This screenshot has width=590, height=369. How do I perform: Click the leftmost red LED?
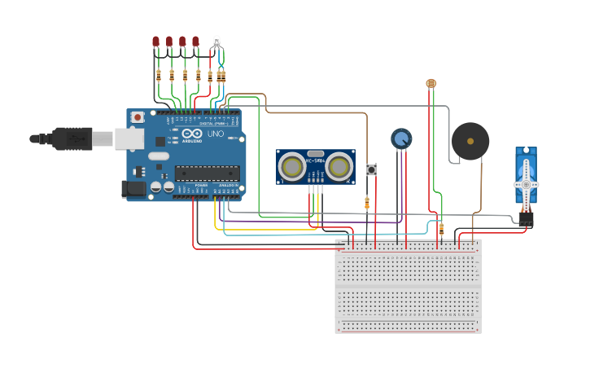click(x=155, y=42)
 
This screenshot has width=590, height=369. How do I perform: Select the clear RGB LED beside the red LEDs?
click(x=216, y=41)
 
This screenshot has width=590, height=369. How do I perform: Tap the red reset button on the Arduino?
click(x=138, y=117)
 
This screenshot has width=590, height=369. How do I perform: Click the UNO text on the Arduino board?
click(x=216, y=134)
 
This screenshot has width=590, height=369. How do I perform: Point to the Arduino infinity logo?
click(x=192, y=134)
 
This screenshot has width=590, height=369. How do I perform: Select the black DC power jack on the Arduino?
click(x=133, y=189)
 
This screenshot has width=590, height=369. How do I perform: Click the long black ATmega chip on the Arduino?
click(x=208, y=173)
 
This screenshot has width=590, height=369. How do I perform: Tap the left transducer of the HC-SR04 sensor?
click(x=292, y=167)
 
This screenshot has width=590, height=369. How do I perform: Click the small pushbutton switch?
click(x=372, y=169)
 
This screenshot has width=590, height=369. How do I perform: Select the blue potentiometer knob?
click(x=401, y=139)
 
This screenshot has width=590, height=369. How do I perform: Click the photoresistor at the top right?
click(x=430, y=83)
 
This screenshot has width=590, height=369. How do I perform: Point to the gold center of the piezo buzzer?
click(x=470, y=141)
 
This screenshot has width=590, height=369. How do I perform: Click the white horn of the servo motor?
click(x=527, y=184)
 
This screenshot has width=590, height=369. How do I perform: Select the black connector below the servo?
click(x=526, y=218)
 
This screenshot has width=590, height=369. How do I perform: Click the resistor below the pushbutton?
click(x=367, y=203)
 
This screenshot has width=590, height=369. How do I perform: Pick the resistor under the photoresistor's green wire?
click(x=441, y=229)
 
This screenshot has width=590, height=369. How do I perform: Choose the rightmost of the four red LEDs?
click(x=195, y=42)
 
